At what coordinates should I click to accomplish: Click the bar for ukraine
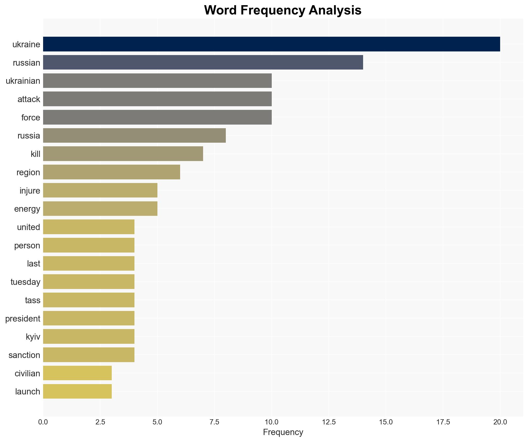(x=271, y=44)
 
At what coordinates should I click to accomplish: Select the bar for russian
(x=203, y=62)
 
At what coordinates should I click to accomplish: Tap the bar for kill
(x=123, y=154)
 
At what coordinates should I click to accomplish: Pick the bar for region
(x=111, y=172)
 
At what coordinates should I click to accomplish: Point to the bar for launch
(x=77, y=391)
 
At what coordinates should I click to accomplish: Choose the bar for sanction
(x=89, y=355)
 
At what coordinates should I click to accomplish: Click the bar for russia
(x=134, y=135)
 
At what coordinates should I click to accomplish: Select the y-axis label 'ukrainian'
(x=23, y=81)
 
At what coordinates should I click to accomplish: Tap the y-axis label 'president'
(x=23, y=318)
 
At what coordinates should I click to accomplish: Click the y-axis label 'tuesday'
(x=25, y=282)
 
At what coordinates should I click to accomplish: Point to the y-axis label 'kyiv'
(x=33, y=337)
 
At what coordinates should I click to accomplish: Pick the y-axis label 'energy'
(x=27, y=209)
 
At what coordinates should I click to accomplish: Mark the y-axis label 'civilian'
(x=27, y=373)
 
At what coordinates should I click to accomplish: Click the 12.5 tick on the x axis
(x=329, y=422)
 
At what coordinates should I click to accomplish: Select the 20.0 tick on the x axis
(x=500, y=422)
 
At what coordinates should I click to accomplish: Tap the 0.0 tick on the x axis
(x=43, y=422)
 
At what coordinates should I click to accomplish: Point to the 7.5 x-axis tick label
(x=214, y=422)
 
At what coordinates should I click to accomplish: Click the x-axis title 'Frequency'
(x=283, y=432)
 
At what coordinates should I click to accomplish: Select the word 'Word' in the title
(x=221, y=10)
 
